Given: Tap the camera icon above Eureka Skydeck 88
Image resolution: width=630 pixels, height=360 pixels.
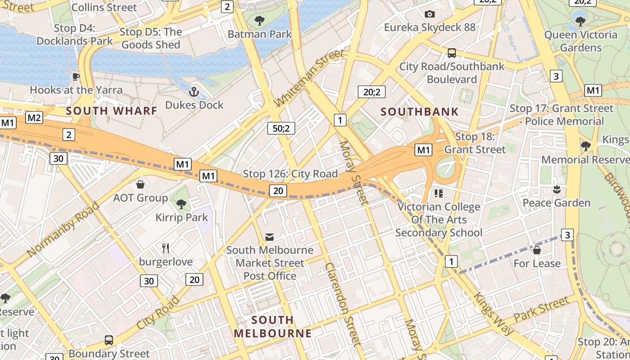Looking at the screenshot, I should [x=430, y=14].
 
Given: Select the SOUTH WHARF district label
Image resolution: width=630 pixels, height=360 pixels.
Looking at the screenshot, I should [x=112, y=111].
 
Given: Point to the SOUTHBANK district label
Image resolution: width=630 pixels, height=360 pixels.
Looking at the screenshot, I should [x=419, y=112].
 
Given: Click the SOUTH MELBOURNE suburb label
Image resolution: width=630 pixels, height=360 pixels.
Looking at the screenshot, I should [x=272, y=327].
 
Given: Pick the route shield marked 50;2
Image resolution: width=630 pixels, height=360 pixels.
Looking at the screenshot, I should [x=281, y=128].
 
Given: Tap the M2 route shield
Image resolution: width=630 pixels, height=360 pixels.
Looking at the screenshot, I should [x=34, y=118].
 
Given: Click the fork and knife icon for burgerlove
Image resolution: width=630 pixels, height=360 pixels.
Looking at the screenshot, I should [x=166, y=248].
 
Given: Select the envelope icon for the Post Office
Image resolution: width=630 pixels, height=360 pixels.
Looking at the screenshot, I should [x=270, y=237].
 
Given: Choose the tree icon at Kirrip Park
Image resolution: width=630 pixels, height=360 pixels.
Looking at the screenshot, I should [x=181, y=204].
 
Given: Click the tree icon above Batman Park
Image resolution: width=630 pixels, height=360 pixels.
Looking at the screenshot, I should [x=259, y=20].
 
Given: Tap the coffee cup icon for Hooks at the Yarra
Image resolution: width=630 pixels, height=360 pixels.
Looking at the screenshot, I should [x=76, y=77].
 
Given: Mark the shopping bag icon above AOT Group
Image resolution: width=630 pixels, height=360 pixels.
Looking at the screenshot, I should [x=140, y=184].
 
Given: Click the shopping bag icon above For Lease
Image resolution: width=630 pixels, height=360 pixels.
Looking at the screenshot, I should [x=536, y=250].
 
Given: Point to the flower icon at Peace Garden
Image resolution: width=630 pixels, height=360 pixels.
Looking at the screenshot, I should [x=557, y=189].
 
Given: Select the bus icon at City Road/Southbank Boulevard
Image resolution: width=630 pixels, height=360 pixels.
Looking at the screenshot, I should [x=452, y=53].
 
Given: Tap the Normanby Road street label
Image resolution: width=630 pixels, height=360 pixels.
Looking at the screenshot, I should [x=63, y=230].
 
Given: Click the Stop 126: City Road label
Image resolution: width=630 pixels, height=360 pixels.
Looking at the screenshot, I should [x=290, y=174].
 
